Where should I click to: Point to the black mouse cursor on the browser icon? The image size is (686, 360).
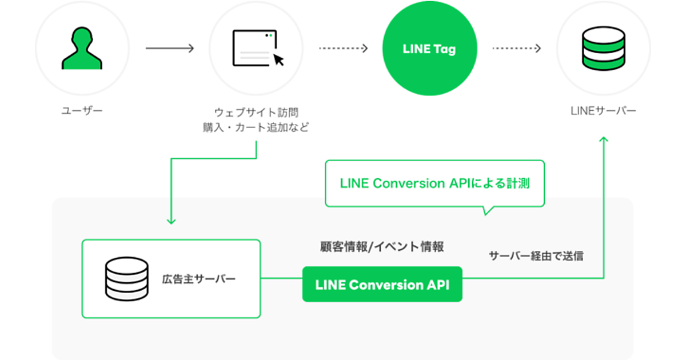[x=278, y=59]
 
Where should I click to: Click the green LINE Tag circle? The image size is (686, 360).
[x=429, y=49]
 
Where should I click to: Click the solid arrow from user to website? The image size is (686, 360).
[x=170, y=49]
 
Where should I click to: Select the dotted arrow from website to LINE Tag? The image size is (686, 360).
[x=343, y=49]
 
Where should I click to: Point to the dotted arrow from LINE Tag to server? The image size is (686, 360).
[x=516, y=49]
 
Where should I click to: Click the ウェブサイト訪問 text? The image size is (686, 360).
[x=256, y=112]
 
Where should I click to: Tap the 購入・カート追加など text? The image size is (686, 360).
[x=256, y=127]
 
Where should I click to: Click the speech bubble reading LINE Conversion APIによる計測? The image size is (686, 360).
[x=434, y=183]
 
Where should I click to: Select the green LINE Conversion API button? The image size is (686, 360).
[x=382, y=285]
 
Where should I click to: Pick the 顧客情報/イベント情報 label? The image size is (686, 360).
[x=382, y=247]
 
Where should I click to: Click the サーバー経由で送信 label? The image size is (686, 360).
[x=536, y=256]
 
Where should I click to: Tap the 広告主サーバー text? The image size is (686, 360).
[x=198, y=279]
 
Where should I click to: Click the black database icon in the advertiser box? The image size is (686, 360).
[x=127, y=279]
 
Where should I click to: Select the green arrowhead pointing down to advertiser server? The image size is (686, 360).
[x=171, y=221]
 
